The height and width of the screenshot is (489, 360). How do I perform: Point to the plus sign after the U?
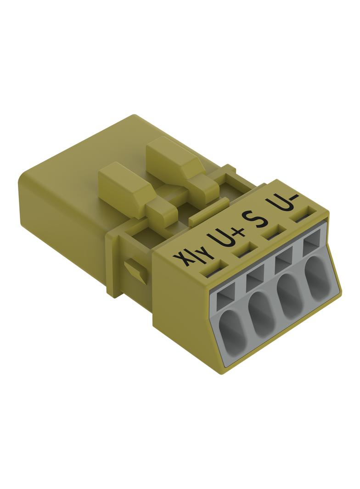(238, 233)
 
